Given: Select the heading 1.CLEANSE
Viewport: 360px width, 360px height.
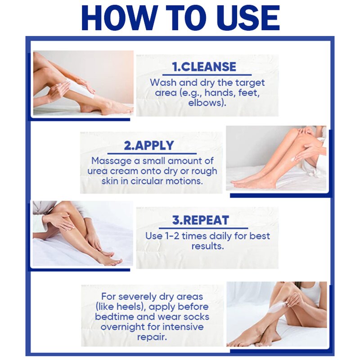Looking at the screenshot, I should pyautogui.click(x=205, y=67).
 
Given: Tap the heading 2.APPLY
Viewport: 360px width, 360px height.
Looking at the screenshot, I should pyautogui.click(x=149, y=146).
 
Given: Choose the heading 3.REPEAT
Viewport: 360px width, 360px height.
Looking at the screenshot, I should pyautogui.click(x=201, y=220).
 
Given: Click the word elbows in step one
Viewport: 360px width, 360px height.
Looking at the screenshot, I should pyautogui.click(x=207, y=102).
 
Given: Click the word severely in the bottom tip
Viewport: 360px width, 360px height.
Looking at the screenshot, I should pyautogui.click(x=141, y=297).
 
